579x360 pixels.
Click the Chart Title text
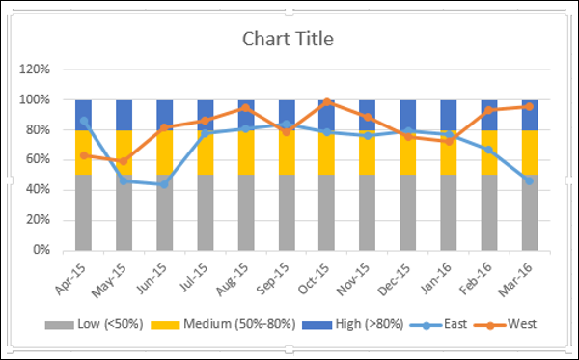point(289,40)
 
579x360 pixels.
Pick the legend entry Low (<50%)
point(102,325)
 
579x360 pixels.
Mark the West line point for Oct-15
point(327,101)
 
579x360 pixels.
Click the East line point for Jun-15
point(165,183)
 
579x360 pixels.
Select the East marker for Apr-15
point(84,122)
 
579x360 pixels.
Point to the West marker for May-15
point(124,161)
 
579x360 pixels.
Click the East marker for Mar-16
point(530,180)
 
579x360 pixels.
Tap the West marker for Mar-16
point(530,106)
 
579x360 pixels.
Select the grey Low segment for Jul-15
point(206,212)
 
